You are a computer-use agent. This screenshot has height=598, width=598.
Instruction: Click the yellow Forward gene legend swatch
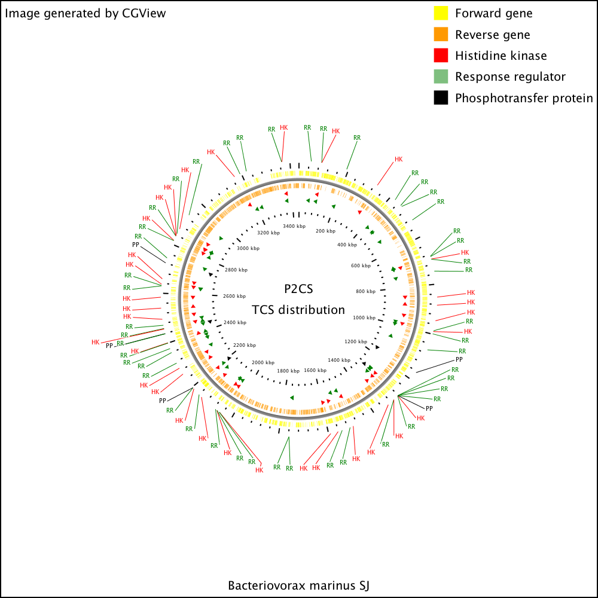[441, 13]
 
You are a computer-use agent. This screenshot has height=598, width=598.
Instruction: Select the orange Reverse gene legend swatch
[441, 34]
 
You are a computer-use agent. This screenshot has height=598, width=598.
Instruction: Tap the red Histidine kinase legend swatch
[441, 55]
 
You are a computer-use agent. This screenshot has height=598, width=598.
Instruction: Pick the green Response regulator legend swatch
[441, 77]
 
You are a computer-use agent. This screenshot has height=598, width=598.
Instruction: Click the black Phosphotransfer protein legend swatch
[441, 97]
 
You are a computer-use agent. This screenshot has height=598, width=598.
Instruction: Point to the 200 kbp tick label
[325, 231]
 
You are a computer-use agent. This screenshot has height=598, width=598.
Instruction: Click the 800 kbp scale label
[365, 291]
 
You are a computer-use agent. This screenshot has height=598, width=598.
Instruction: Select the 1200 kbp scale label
[355, 341]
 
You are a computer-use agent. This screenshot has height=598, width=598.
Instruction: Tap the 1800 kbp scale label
[288, 371]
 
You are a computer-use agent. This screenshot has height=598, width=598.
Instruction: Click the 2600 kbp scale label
[234, 296]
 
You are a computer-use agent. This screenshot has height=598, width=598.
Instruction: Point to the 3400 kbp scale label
[294, 226]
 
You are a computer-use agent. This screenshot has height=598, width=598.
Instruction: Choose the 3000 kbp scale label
[248, 248]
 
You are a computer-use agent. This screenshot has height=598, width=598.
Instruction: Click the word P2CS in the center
[298, 289]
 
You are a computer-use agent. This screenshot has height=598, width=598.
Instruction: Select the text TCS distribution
[298, 310]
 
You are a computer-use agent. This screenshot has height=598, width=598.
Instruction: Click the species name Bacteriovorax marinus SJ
[298, 585]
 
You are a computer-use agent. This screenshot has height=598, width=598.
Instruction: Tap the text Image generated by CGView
[85, 13]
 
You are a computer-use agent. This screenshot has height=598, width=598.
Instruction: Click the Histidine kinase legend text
[501, 56]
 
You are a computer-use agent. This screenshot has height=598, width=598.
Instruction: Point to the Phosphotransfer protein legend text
[524, 98]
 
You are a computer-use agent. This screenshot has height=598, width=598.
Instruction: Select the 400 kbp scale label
[347, 245]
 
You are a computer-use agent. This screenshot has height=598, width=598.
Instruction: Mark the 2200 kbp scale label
[245, 345]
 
